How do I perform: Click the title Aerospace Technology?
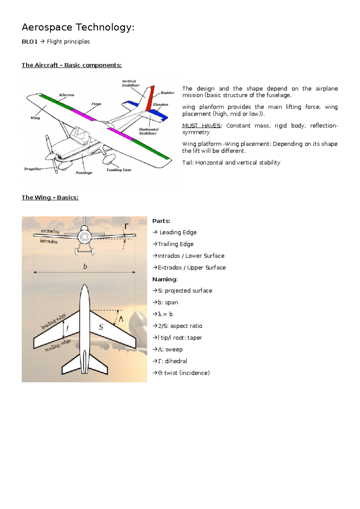coord(78,28)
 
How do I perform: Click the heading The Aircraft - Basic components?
coord(72,65)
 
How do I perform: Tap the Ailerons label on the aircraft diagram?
coord(66,95)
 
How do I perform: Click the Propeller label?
coord(33,169)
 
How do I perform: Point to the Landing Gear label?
coord(119,170)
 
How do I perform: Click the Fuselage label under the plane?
coord(84,173)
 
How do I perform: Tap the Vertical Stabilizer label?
coord(130,83)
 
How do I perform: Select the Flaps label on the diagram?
coord(96,104)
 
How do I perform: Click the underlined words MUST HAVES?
coord(201,126)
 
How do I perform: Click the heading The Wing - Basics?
coord(50,197)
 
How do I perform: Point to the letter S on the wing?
coord(101,327)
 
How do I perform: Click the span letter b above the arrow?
coord(85,266)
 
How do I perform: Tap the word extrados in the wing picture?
coord(50,231)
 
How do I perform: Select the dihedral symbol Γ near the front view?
coord(126,227)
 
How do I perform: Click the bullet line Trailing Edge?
coord(173,244)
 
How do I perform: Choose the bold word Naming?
coord(165,279)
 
